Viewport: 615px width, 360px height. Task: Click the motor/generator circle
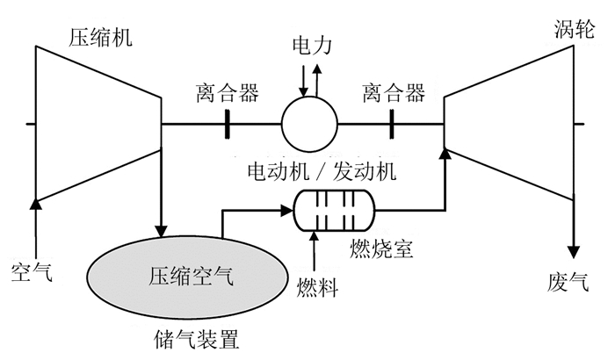(309, 125)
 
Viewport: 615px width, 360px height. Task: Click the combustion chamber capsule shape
(333, 210)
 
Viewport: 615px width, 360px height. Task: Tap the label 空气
(33, 270)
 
